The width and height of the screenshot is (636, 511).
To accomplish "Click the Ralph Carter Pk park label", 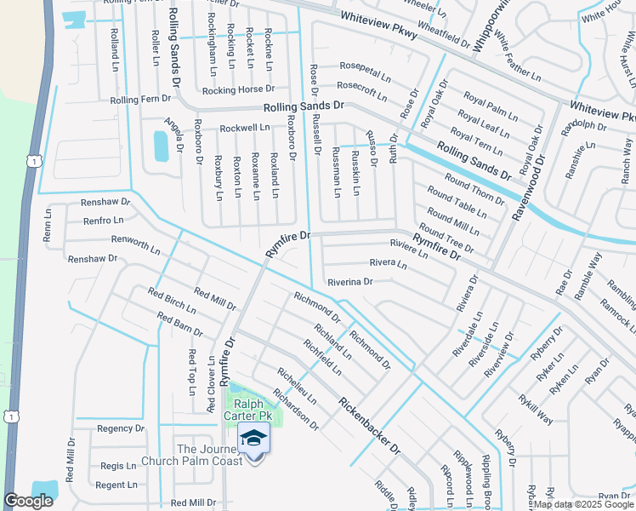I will (247, 410).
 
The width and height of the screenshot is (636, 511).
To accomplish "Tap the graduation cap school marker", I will (254, 439).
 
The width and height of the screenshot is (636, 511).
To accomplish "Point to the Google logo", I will (29, 501).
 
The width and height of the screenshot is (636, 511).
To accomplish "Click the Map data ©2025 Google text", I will (582, 504).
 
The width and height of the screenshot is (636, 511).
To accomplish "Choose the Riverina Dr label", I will (350, 281).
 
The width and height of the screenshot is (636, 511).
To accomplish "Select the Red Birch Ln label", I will (172, 301).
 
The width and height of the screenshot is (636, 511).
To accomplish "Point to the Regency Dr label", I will (122, 428).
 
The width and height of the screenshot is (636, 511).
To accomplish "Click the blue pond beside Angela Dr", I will (161, 146).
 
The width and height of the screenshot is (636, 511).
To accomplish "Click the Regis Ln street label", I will (118, 466).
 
